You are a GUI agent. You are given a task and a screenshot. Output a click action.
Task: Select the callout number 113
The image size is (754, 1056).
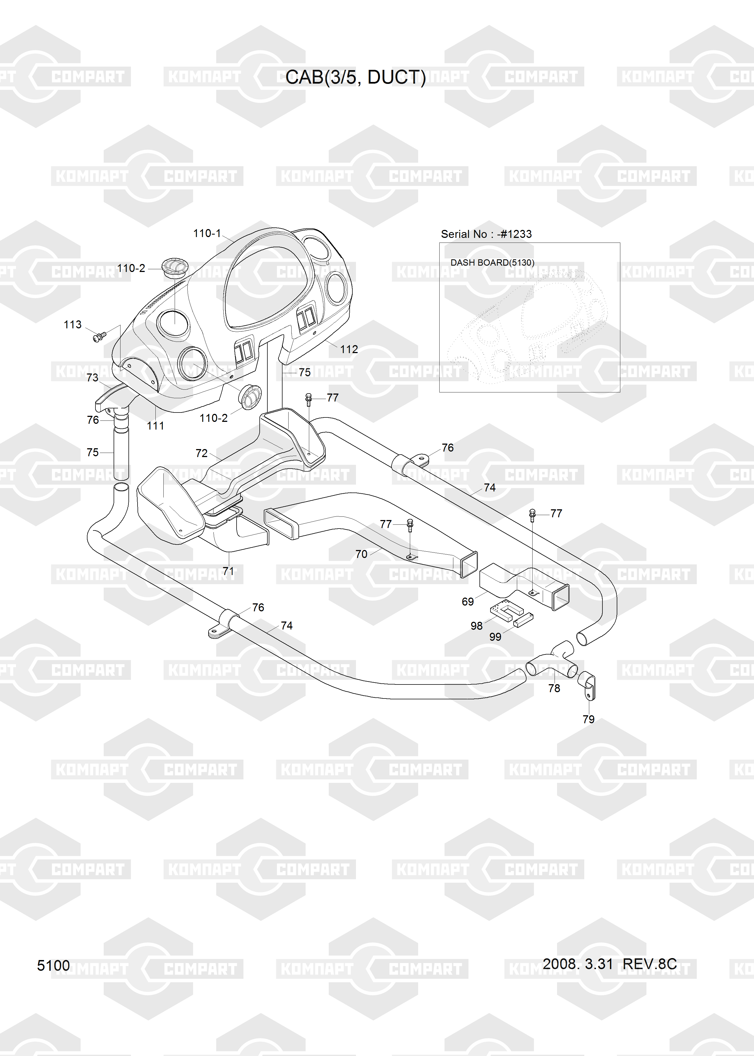pyautogui.click(x=72, y=324)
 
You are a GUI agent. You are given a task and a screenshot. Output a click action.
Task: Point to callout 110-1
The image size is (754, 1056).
pyautogui.click(x=207, y=233)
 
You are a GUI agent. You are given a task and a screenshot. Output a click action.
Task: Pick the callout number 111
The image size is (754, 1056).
pyautogui.click(x=155, y=426)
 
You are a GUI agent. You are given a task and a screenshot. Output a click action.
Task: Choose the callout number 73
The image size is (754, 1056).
pyautogui.click(x=92, y=377)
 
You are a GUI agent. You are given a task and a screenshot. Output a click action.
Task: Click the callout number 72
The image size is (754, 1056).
pyautogui.click(x=202, y=453)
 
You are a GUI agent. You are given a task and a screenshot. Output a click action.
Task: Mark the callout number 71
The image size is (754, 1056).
pyautogui.click(x=228, y=571)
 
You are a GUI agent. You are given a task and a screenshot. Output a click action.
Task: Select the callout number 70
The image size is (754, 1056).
pyautogui.click(x=361, y=554)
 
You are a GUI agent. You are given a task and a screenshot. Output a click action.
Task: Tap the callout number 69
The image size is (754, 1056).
pyautogui.click(x=468, y=602)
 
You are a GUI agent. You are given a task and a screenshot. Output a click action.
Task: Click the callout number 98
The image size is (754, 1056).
pyautogui.click(x=476, y=626)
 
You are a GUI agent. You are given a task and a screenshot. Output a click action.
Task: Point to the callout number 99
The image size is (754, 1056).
pyautogui.click(x=495, y=637)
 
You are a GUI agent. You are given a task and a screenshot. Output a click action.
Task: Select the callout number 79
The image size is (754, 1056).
pyautogui.click(x=588, y=719)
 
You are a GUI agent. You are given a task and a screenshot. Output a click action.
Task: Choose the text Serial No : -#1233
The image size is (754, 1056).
pyautogui.click(x=486, y=234)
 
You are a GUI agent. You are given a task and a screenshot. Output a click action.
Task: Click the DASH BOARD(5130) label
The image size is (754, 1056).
pyautogui.click(x=492, y=263)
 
